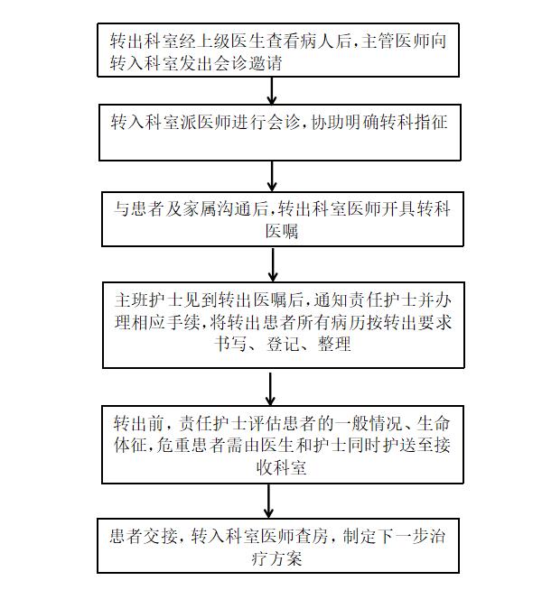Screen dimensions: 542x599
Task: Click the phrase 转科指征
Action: coord(414,123)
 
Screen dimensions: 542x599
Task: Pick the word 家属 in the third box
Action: coord(199,209)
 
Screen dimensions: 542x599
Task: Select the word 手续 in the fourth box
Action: coord(183,323)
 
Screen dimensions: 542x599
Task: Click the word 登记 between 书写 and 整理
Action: coord(282,344)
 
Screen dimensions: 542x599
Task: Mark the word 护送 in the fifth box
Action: coord(399,445)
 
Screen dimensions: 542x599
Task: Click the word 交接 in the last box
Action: coord(160,537)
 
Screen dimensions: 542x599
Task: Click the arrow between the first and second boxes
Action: coord(272,90)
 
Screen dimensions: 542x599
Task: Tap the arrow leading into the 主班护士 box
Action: coord(273,264)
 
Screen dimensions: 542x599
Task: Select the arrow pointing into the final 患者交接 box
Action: coord(268,501)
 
